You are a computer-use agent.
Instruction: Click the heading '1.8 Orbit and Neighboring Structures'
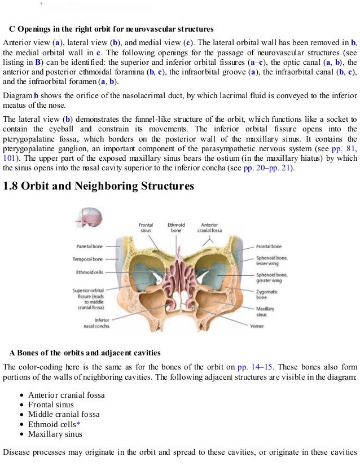(x=99, y=186)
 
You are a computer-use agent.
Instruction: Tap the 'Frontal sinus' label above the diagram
(x=146, y=228)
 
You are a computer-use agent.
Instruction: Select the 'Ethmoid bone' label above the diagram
(x=176, y=228)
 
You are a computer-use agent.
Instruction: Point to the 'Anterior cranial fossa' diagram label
(x=209, y=228)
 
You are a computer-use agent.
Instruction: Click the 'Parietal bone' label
(x=89, y=247)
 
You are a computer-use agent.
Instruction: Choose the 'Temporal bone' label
(x=87, y=260)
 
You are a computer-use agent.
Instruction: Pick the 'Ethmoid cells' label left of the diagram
(x=90, y=272)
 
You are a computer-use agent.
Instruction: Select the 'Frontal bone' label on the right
(x=269, y=247)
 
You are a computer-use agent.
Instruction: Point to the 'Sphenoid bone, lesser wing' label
(x=271, y=261)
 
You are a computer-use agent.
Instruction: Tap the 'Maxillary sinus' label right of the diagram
(x=265, y=312)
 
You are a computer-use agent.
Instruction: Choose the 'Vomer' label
(x=257, y=326)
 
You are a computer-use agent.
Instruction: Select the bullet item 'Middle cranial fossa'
(x=64, y=414)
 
